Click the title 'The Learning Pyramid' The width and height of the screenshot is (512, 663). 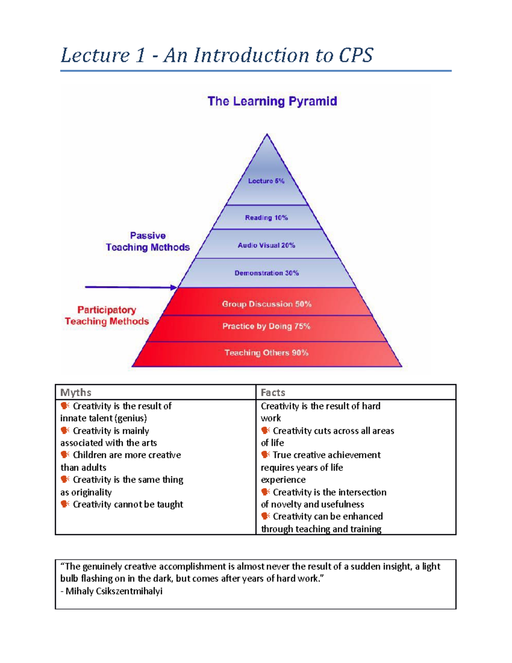coord(272,101)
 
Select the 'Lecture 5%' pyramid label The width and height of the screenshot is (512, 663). coord(266,181)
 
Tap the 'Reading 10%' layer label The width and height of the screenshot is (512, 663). coord(267,218)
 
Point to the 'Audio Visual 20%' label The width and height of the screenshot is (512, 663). coord(267,245)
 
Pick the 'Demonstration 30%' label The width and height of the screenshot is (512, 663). coord(267,273)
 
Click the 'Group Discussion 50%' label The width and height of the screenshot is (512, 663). coord(267,304)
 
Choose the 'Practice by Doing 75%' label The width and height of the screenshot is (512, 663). coord(266,326)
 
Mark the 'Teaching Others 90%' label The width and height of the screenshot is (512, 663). coord(267,353)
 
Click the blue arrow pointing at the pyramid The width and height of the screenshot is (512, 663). coord(131,287)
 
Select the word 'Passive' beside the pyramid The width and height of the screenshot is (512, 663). coord(148,236)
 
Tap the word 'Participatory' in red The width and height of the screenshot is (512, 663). coord(107,310)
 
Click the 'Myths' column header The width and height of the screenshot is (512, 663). coord(76,392)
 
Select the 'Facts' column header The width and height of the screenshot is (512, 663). coord(273,392)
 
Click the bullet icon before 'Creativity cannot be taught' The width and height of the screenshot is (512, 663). coord(65,504)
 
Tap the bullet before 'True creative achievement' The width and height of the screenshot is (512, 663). coord(265,455)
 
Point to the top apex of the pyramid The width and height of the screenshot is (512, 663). coord(267,134)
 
